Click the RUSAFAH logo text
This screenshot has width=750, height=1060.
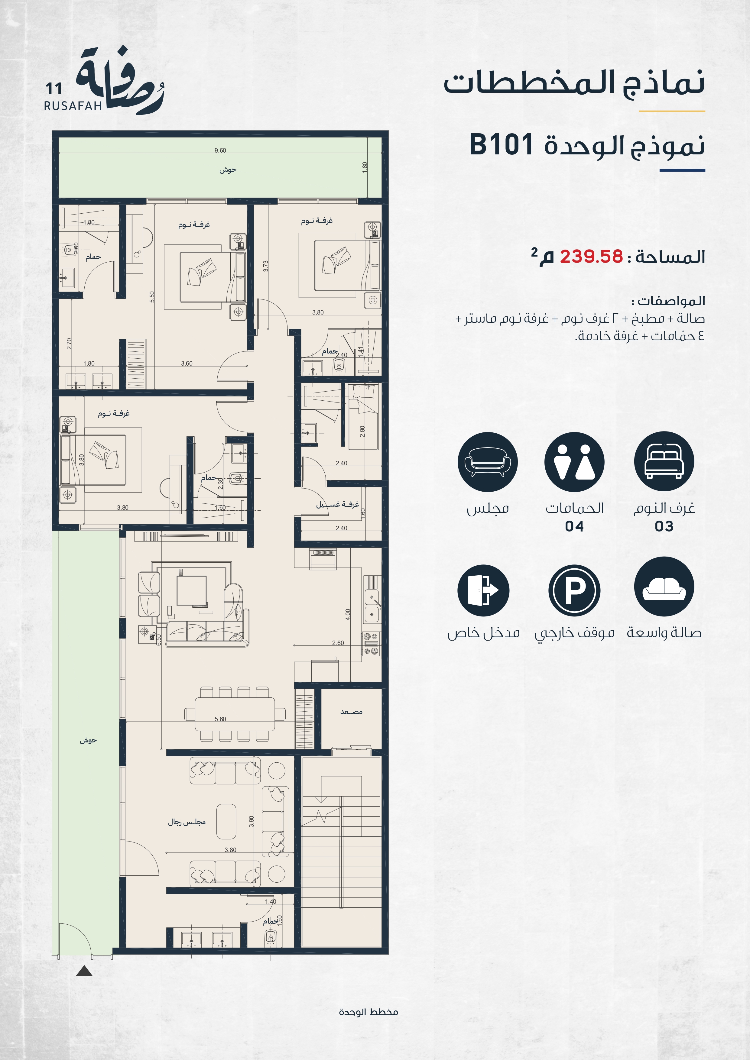tap(73, 106)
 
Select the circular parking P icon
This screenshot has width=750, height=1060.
tap(574, 590)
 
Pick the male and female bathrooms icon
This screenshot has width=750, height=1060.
tap(574, 462)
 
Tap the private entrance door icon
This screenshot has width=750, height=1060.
tap(484, 590)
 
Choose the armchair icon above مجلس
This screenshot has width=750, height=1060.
tap(488, 462)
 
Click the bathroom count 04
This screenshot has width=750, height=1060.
tap(574, 526)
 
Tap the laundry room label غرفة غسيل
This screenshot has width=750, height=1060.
tap(338, 504)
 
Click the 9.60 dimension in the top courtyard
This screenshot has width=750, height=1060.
tap(220, 150)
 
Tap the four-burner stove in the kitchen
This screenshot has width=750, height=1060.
tap(371, 644)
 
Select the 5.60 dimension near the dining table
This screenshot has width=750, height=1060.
tap(220, 719)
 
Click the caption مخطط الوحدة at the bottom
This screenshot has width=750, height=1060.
tap(369, 1012)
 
